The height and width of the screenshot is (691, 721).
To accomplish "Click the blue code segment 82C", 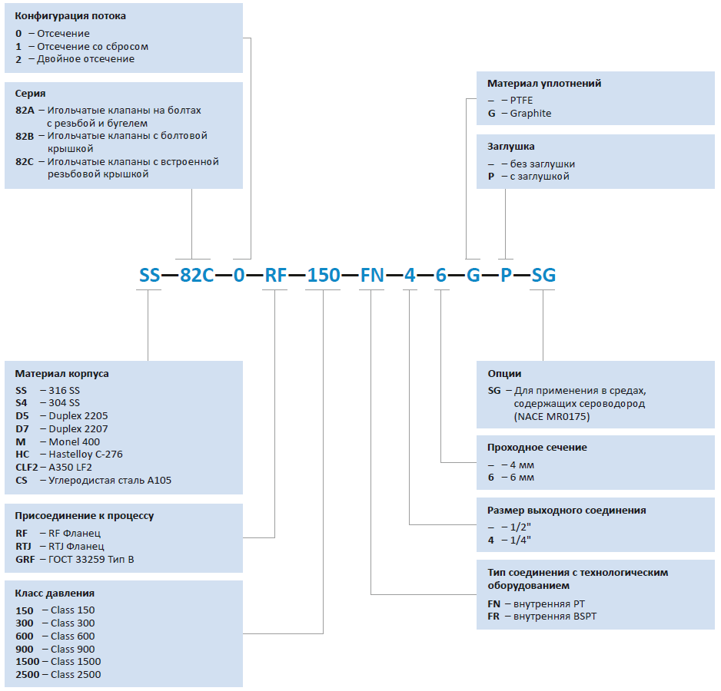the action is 197,275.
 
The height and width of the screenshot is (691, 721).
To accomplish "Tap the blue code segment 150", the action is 324,275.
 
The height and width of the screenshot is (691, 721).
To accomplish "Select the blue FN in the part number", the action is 372,275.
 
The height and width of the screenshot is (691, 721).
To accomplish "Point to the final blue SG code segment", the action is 543,275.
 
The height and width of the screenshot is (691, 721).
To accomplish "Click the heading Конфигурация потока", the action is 71,16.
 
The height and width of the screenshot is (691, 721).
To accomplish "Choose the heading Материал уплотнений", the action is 544,83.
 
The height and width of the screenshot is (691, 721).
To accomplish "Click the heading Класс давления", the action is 55,593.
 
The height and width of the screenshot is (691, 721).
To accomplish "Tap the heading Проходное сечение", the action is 537,447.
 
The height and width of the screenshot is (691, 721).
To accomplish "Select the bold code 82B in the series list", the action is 25,136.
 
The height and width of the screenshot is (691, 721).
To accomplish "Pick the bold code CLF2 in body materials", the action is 27,468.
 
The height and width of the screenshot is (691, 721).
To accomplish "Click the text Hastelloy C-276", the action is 85,455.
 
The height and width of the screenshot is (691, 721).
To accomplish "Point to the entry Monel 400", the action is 74,441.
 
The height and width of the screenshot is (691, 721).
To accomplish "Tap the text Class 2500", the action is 76,674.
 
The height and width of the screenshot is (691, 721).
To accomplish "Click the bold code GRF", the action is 25,559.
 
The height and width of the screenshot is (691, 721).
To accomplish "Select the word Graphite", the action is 530,114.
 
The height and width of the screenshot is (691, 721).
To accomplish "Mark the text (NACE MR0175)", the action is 552,417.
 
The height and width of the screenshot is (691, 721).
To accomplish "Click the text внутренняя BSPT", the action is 555,616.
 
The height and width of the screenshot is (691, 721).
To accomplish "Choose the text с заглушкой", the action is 540,177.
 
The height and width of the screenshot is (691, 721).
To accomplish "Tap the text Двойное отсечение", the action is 85,59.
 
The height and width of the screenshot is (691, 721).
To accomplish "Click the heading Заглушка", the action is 511,147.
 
